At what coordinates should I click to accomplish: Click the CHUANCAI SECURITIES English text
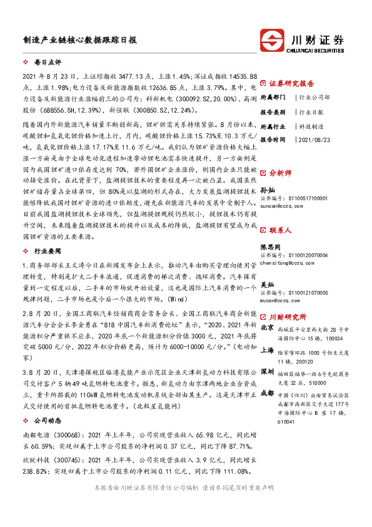(318, 49)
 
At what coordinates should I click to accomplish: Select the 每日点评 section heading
(47, 64)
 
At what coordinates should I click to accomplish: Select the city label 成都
(267, 392)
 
